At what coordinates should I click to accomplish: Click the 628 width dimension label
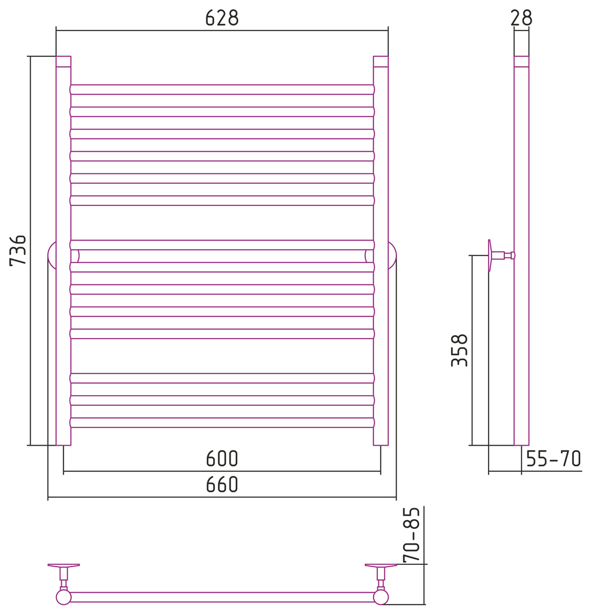click(x=222, y=18)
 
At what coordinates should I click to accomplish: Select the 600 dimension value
click(x=222, y=459)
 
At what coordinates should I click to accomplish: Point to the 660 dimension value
click(x=222, y=485)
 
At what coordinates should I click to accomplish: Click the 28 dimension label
click(x=521, y=18)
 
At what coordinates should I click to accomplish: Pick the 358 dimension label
click(x=459, y=350)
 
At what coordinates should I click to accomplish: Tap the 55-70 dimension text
click(x=554, y=459)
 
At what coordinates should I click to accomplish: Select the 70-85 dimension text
click(x=412, y=535)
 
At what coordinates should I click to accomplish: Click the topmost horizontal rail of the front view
click(x=222, y=90)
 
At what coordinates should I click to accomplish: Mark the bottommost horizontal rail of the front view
click(x=222, y=422)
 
